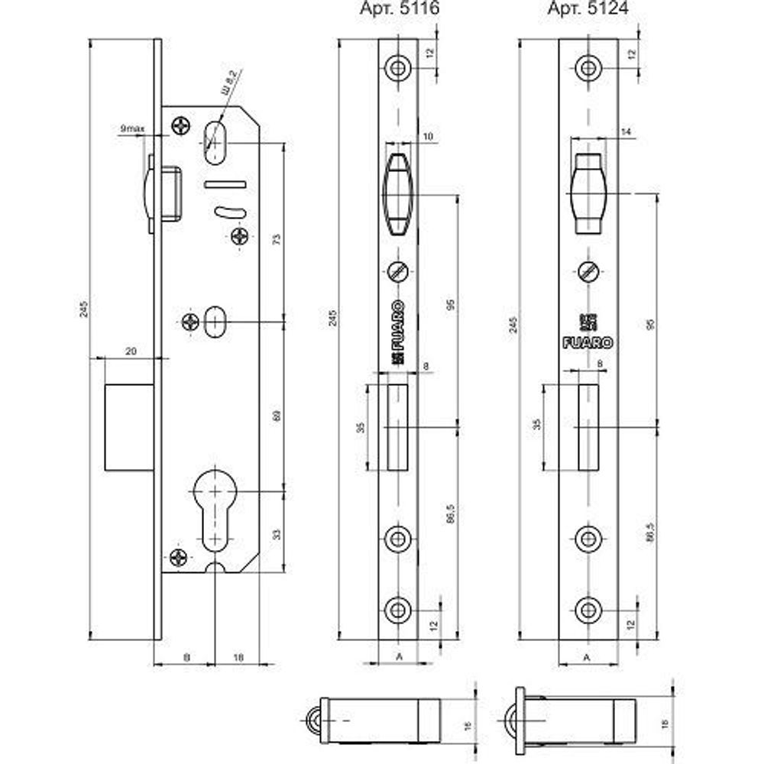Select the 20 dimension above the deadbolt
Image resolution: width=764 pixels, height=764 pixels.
click(130, 350)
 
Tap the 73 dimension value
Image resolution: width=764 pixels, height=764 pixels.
click(277, 240)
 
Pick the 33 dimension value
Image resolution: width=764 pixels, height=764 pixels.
click(277, 534)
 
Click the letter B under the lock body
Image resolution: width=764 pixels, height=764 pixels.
click(186, 656)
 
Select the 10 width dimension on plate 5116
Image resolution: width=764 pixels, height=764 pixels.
click(427, 136)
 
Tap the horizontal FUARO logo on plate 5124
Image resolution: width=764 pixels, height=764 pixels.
click(588, 343)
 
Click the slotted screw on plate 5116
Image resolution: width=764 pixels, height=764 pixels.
click(398, 271)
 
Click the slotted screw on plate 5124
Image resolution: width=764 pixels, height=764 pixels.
click(588, 271)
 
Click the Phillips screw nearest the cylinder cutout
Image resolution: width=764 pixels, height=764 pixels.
click(178, 557)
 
